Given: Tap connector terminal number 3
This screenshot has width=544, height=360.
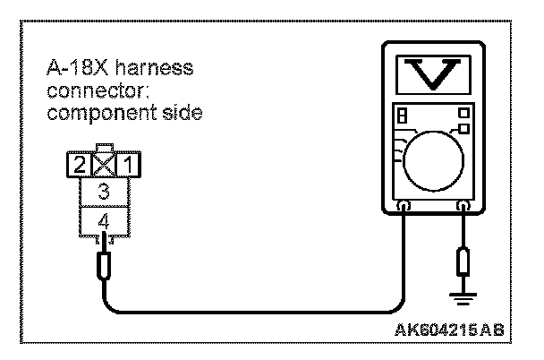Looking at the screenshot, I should pyautogui.click(x=105, y=191).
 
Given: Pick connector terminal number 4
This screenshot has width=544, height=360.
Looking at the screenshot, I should pyautogui.click(x=105, y=218).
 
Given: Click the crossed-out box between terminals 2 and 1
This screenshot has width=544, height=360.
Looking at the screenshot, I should pyautogui.click(x=106, y=165).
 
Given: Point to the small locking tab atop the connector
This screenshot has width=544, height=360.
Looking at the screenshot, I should pyautogui.click(x=106, y=149).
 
